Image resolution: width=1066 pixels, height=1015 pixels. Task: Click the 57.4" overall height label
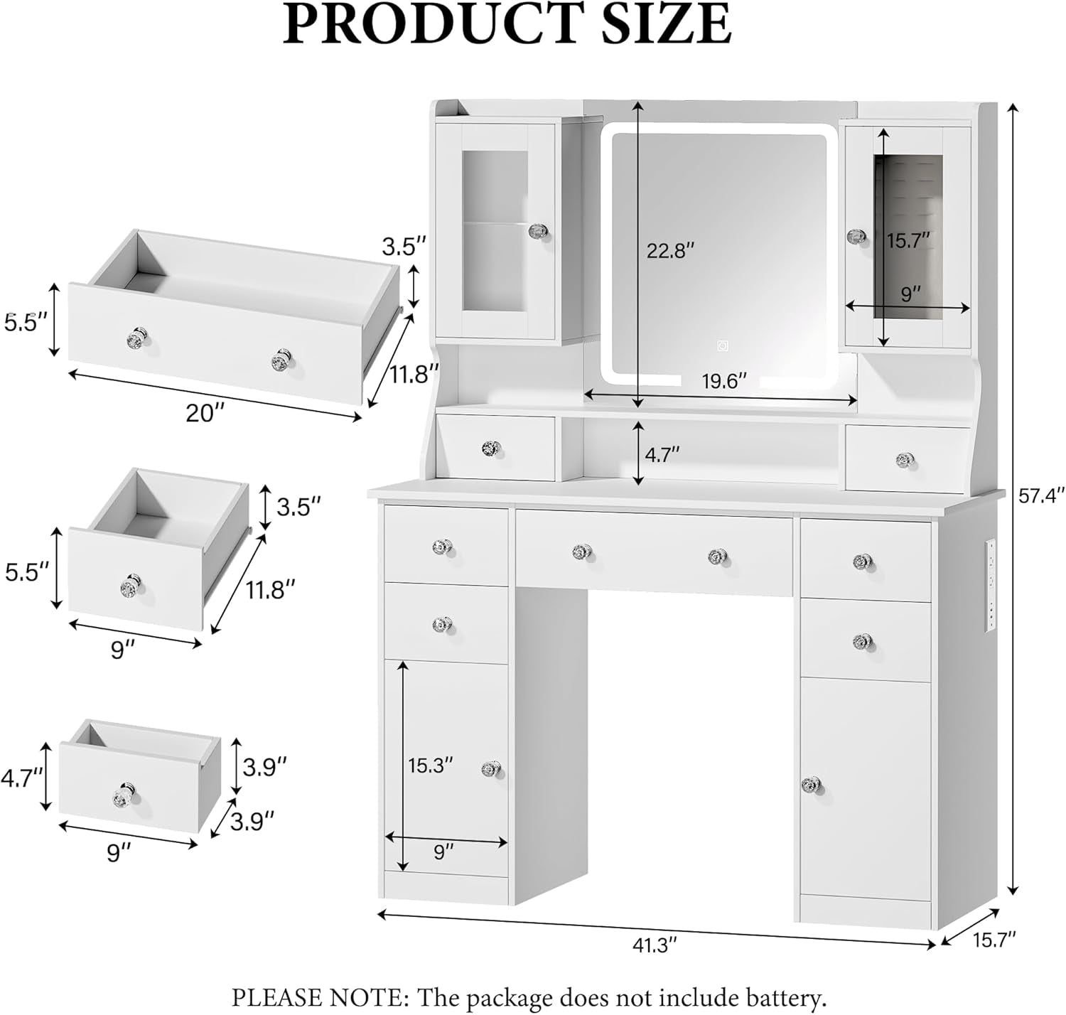pos(1042,495)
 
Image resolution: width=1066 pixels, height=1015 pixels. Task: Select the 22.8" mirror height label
pos(669,250)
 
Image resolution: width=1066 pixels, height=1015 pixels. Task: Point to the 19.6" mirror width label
pos(724,381)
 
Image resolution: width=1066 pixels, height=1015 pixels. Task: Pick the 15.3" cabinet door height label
pos(431,765)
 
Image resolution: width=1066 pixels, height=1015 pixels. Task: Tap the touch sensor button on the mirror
pos(722,346)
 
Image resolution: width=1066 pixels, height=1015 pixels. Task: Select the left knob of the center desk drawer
pos(581,552)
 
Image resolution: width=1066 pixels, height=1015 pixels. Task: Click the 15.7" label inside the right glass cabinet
pos(908,240)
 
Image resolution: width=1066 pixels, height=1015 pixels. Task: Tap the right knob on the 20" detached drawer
pos(281,359)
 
